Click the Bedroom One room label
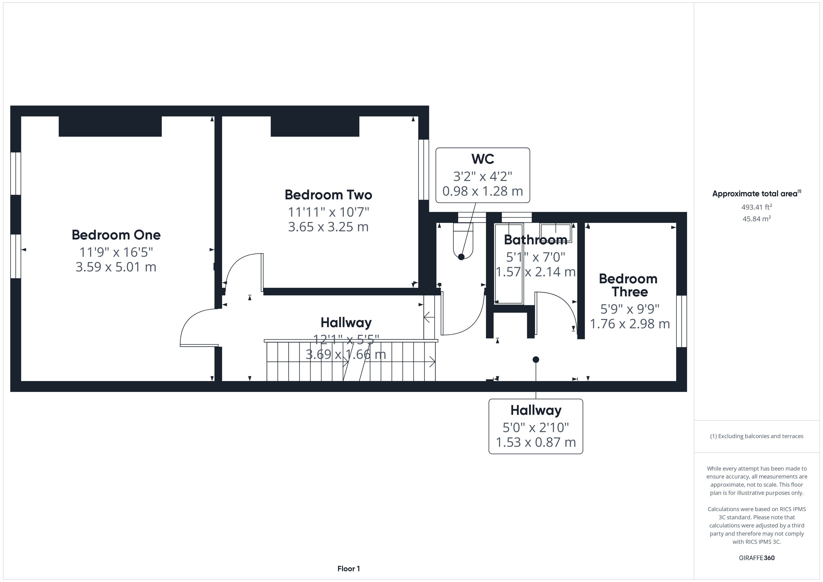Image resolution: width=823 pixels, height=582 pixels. [116, 235]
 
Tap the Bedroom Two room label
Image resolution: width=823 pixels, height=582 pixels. [328, 195]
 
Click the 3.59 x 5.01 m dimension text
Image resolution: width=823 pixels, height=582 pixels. [116, 267]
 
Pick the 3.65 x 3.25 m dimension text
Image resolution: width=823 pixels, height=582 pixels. [328, 227]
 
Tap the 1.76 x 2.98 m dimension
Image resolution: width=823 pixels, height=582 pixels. [630, 324]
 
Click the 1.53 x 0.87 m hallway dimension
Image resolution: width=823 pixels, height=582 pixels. [536, 442]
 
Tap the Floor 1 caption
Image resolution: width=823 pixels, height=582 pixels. [349, 568]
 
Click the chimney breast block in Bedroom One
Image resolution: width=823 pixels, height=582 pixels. [110, 126]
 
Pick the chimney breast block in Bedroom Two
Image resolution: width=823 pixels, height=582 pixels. [315, 126]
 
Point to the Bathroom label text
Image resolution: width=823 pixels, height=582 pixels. [536, 240]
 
